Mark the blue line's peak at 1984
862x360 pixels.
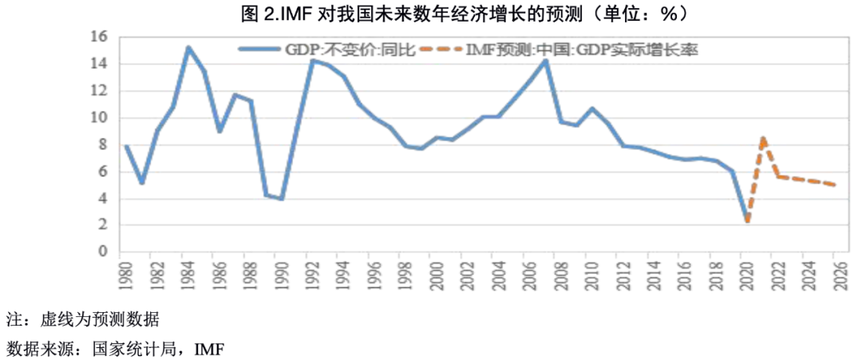[188, 47]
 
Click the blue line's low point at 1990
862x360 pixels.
[282, 199]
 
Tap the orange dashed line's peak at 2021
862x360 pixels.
[764, 138]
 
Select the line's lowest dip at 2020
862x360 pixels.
[748, 221]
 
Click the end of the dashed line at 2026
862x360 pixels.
[835, 185]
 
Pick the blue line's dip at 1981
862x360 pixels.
[141, 183]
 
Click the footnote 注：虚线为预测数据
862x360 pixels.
[83, 321]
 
